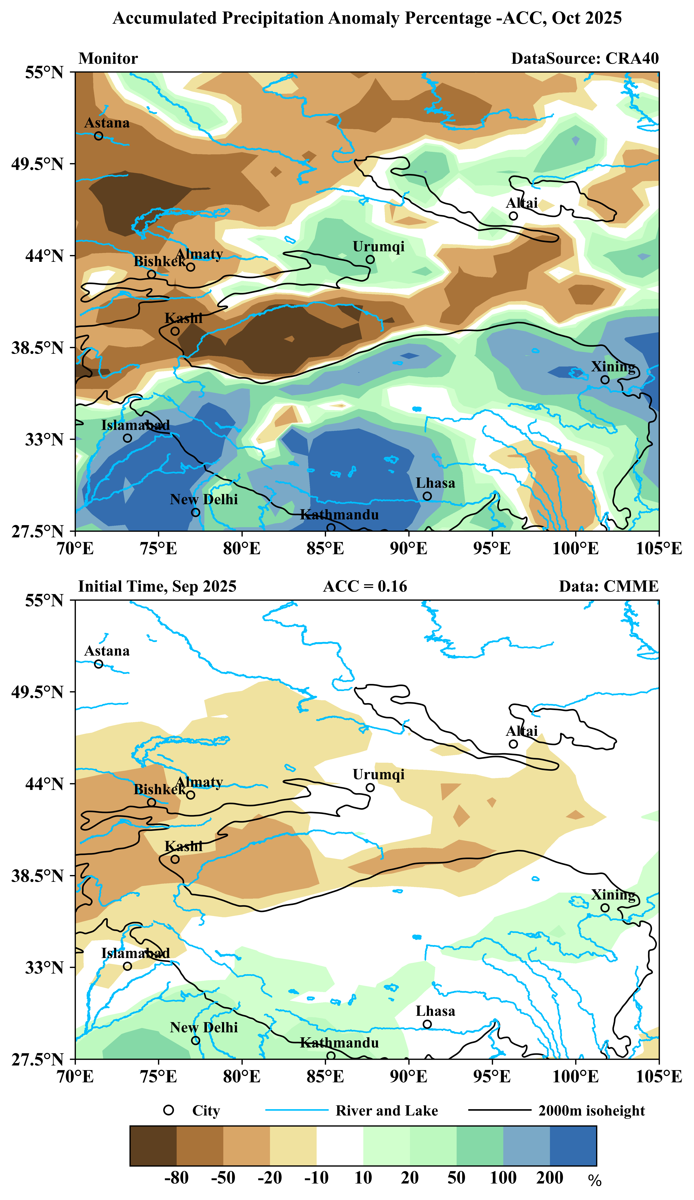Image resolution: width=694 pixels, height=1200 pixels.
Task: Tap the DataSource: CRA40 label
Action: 585,59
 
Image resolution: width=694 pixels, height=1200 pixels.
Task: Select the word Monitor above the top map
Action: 108,59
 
